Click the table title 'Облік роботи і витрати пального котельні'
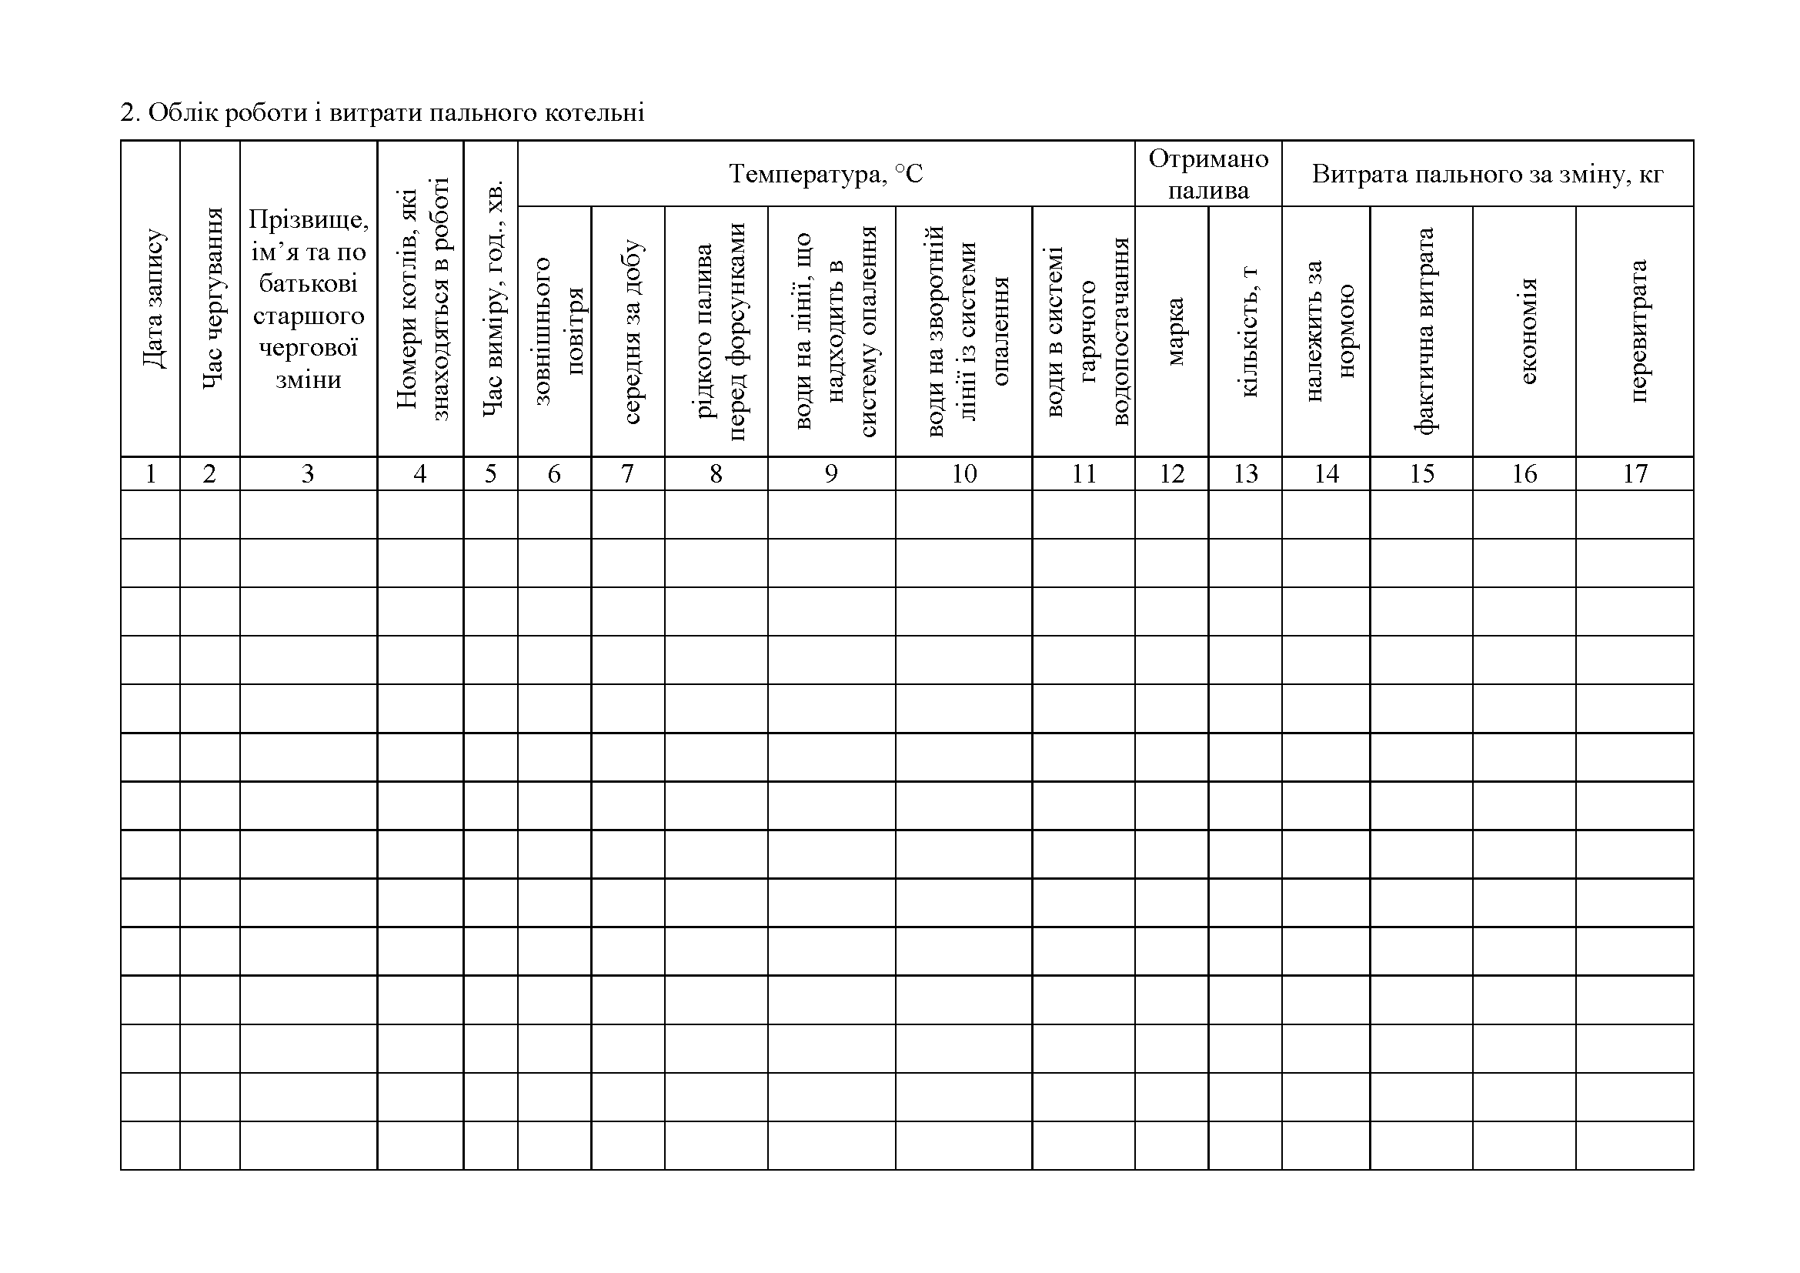pyautogui.click(x=382, y=113)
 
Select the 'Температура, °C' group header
pyautogui.click(x=826, y=173)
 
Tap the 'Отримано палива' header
pyautogui.click(x=1208, y=174)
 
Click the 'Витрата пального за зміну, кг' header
pyautogui.click(x=1488, y=173)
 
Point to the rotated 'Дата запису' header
pyautogui.click(x=153, y=298)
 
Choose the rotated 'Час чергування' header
pyautogui.click(x=212, y=298)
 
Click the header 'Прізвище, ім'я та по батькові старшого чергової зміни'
pyautogui.click(x=308, y=299)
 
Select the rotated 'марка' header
pyautogui.click(x=1173, y=331)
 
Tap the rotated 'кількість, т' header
pyautogui.click(x=1247, y=331)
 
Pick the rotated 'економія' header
pyautogui.click(x=1525, y=331)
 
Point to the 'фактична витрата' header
pyautogui.click(x=1423, y=331)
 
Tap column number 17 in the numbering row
pyautogui.click(x=1635, y=473)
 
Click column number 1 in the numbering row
pyautogui.click(x=151, y=473)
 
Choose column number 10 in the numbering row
pyautogui.click(x=964, y=473)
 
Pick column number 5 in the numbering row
pyautogui.click(x=490, y=473)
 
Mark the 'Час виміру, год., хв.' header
pyautogui.click(x=492, y=298)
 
